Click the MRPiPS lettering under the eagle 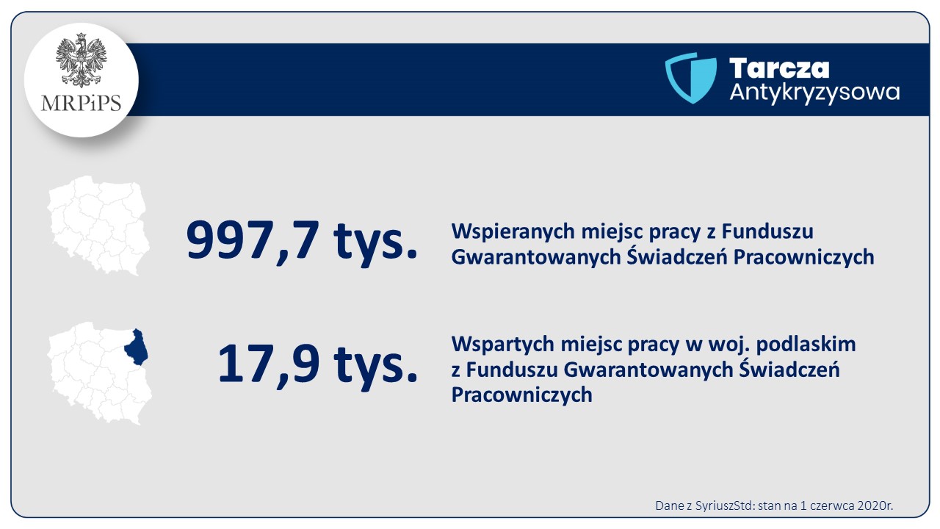point(81,104)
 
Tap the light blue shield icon point(691,78)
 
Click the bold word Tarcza point(779,68)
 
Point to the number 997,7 point(253,241)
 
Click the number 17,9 point(269,364)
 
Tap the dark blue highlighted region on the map point(137,348)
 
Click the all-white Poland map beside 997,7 point(98,226)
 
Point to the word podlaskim point(806,344)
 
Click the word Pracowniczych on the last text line point(521,395)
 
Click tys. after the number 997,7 point(375,242)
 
